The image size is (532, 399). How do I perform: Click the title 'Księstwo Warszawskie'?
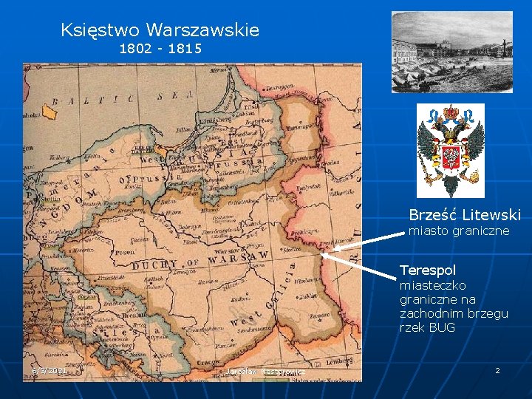(160, 30)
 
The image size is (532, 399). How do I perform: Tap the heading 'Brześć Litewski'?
(465, 215)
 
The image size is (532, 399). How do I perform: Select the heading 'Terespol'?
(428, 270)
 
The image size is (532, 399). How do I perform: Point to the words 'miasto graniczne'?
(459, 231)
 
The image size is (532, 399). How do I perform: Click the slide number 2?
(497, 369)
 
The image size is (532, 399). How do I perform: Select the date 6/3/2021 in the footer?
(50, 370)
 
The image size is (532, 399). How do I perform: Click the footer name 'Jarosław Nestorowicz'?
(266, 371)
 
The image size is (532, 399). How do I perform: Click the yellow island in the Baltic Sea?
(49, 112)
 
